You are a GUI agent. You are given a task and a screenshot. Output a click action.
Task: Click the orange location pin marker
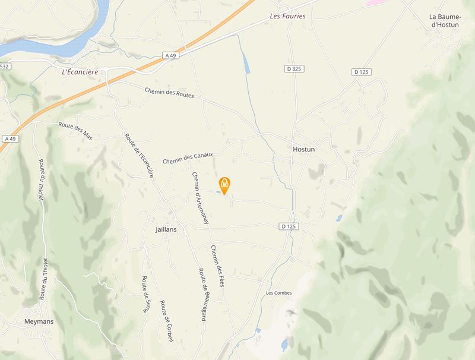pyautogui.click(x=224, y=185)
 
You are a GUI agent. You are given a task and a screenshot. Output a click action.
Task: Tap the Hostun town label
pyautogui.click(x=303, y=150)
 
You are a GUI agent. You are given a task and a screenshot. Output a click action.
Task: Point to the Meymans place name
pyautogui.click(x=39, y=321)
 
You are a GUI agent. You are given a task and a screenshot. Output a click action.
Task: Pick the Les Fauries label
pyautogui.click(x=287, y=16)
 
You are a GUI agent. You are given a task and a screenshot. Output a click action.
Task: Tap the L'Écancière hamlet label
pyautogui.click(x=80, y=72)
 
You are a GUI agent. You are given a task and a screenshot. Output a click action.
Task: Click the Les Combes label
pyautogui.click(x=278, y=292)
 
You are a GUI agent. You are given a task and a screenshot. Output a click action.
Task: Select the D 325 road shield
pyautogui.click(x=294, y=69)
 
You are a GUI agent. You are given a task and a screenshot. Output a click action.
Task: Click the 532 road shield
pyautogui.click(x=5, y=67)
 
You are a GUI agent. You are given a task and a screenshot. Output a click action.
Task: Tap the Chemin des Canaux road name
pyautogui.click(x=188, y=158)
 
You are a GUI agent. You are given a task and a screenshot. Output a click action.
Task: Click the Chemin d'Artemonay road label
pyautogui.click(x=200, y=197)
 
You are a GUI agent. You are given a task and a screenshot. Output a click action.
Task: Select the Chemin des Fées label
pyautogui.click(x=217, y=266)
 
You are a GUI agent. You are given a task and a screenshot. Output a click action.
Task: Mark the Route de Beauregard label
pyautogui.click(x=202, y=295)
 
